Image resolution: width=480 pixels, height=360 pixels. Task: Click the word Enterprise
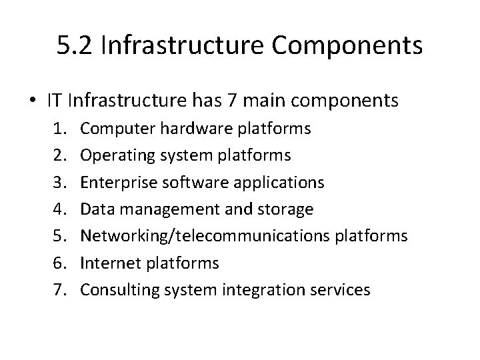[x=111, y=183]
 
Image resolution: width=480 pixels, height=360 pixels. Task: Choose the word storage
[x=287, y=209]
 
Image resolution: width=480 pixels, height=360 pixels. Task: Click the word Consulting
[x=113, y=290]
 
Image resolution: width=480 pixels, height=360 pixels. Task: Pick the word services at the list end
[x=337, y=290]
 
